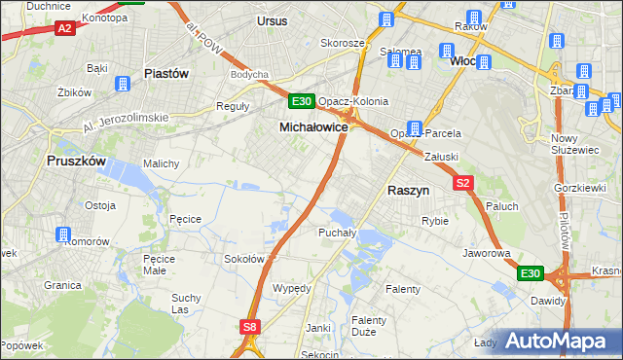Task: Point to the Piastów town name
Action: click(165, 73)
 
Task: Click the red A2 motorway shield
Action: click(65, 29)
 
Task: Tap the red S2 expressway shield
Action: click(462, 182)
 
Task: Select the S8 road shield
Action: click(251, 328)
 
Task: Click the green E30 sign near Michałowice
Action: click(301, 101)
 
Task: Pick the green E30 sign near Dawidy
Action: click(530, 274)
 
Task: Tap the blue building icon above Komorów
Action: click(64, 234)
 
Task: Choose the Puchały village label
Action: click(338, 233)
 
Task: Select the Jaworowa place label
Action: click(487, 253)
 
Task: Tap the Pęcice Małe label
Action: click(159, 265)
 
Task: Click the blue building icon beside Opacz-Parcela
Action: click(415, 127)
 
